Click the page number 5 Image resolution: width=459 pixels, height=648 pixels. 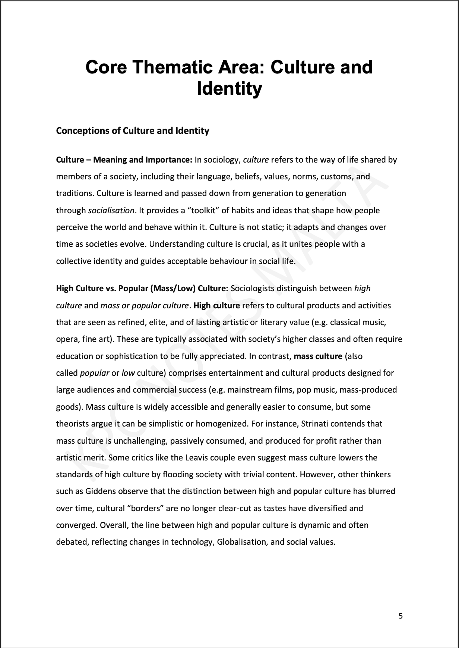tap(401, 616)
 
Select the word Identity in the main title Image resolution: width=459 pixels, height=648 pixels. tap(229, 89)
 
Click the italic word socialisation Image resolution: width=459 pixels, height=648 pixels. tap(111, 210)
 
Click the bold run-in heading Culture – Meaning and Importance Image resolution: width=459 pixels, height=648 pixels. tap(124, 160)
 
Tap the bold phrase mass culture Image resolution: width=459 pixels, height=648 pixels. tap(318, 356)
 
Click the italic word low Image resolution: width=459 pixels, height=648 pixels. tap(128, 373)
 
